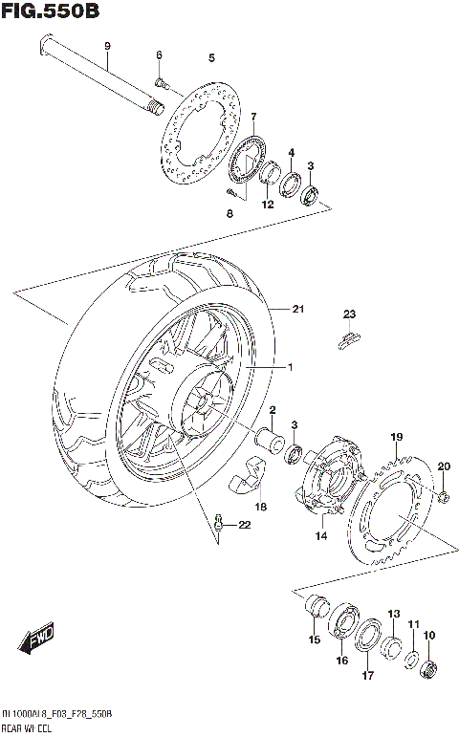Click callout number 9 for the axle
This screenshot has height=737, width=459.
107,47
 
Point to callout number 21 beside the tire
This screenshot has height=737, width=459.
297,308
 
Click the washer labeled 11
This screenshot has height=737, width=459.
411,659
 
